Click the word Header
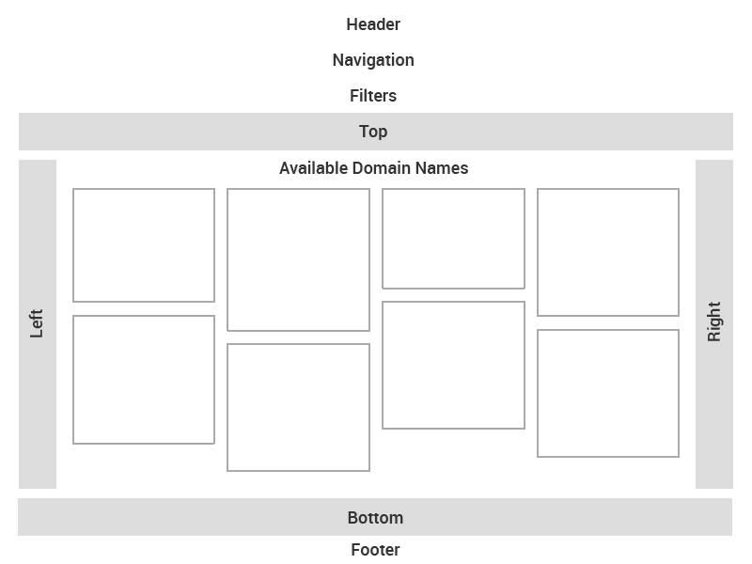click(x=373, y=24)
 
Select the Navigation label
click(x=373, y=60)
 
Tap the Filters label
click(x=373, y=96)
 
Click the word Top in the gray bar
click(x=373, y=132)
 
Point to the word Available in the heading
click(x=314, y=168)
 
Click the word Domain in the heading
click(x=382, y=168)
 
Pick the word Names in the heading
click(x=442, y=168)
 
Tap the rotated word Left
click(x=37, y=323)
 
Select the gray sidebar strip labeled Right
click(x=714, y=324)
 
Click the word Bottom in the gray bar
click(x=375, y=518)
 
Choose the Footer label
click(x=375, y=550)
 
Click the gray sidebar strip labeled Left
click(x=38, y=324)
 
